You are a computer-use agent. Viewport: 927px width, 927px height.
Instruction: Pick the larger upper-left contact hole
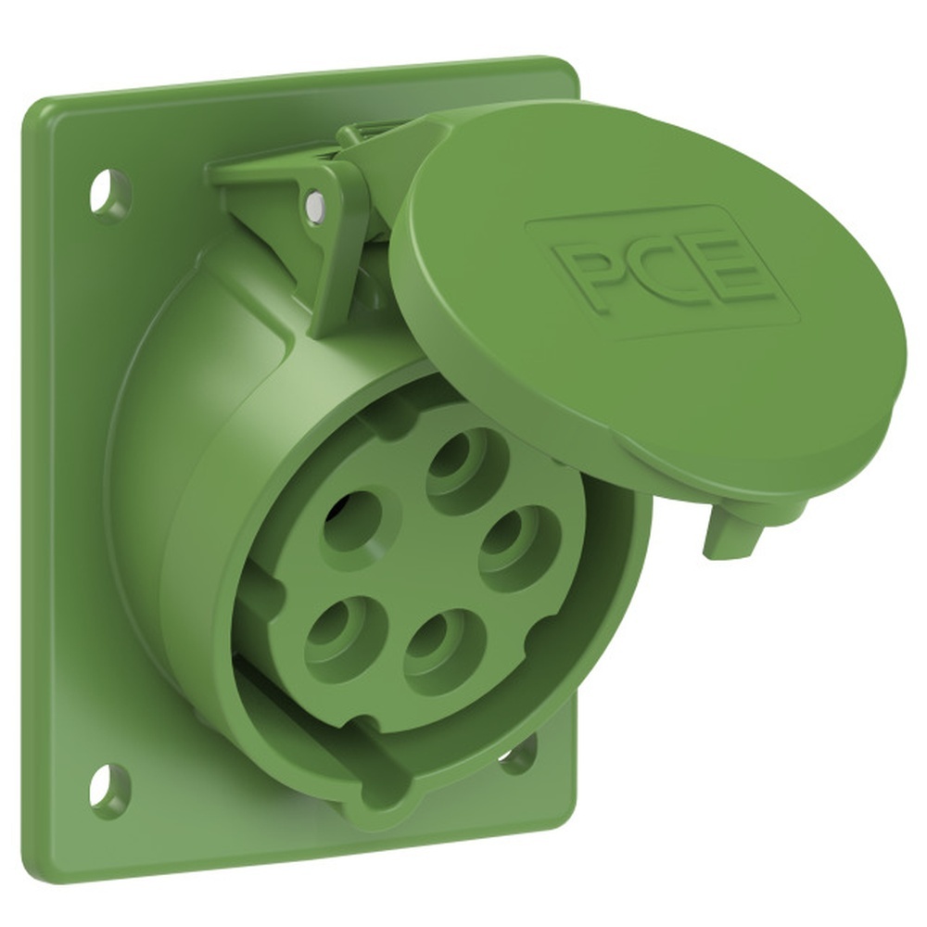click(358, 519)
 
